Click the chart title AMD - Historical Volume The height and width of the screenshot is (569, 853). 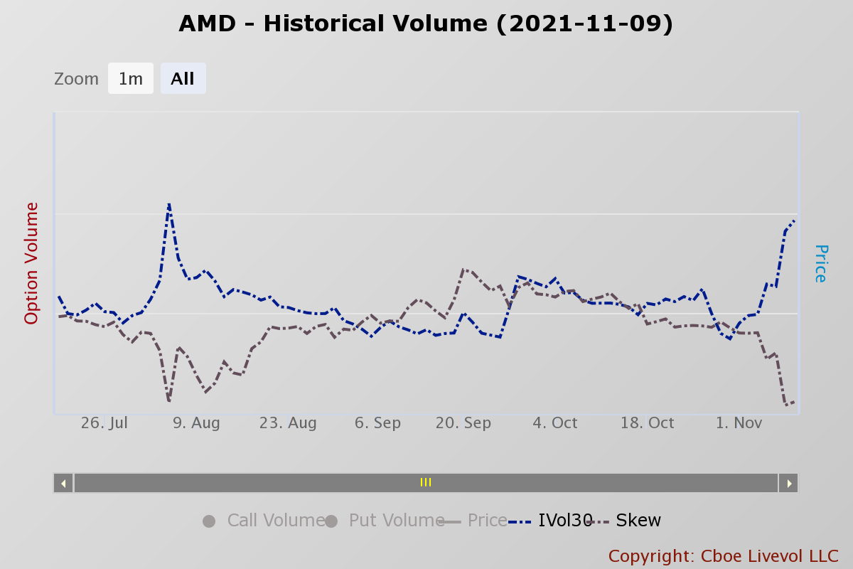click(x=426, y=24)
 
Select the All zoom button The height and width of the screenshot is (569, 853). click(x=183, y=79)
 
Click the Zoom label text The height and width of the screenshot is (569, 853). click(x=76, y=79)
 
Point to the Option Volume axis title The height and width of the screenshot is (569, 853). click(x=32, y=263)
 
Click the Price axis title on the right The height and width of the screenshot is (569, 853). click(x=820, y=263)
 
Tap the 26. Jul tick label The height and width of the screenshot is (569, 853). click(x=104, y=423)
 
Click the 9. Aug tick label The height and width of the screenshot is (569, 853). click(x=196, y=423)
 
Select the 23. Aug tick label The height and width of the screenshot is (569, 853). click(x=288, y=423)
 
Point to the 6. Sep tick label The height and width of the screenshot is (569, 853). click(x=377, y=423)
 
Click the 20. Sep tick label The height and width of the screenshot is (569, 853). click(x=463, y=423)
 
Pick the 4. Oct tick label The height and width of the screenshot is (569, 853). click(x=555, y=423)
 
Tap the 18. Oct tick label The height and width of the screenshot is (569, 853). click(x=647, y=423)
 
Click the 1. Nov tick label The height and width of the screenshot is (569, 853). click(x=739, y=423)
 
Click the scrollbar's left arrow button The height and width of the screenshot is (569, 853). click(x=63, y=483)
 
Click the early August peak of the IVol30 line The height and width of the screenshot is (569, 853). click(x=169, y=204)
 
